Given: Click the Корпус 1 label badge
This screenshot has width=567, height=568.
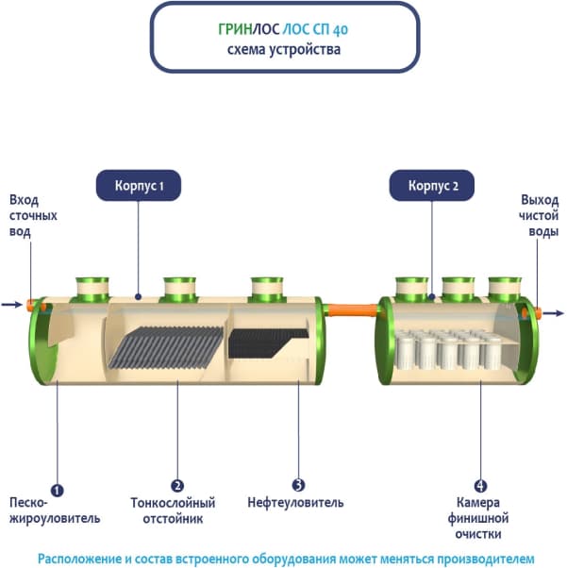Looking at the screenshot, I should click(139, 186).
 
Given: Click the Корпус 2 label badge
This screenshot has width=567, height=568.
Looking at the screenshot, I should click(433, 186).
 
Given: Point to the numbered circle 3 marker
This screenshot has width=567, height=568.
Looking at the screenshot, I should click(299, 485).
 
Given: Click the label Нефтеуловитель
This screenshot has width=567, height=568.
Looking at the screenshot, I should click(295, 502).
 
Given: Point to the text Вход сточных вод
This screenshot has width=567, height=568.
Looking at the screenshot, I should click(33, 215).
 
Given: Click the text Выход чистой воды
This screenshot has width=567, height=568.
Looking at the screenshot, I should click(539, 215).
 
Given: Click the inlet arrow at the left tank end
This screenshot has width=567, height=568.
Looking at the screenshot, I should click(11, 305).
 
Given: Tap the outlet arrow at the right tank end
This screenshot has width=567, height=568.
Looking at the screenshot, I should click(554, 312).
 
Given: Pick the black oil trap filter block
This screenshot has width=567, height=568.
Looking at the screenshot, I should click(270, 341).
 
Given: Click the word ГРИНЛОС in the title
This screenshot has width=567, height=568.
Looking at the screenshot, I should click(242, 29).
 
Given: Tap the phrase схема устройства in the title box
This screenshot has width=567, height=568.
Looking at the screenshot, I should click(284, 49).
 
